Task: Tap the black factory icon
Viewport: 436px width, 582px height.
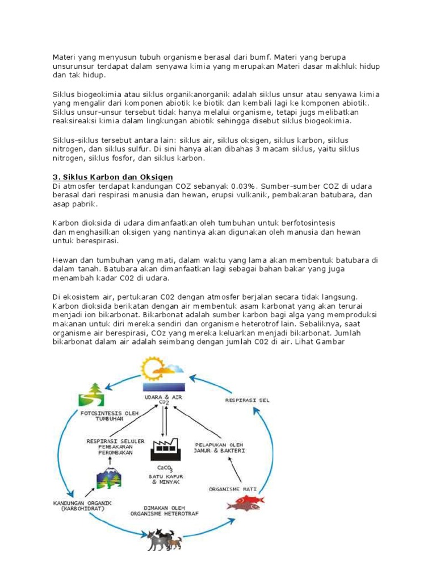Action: coord(165,445)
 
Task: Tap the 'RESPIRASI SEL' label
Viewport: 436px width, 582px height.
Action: coord(247,400)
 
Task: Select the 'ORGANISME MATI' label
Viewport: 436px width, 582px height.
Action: coord(232,488)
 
